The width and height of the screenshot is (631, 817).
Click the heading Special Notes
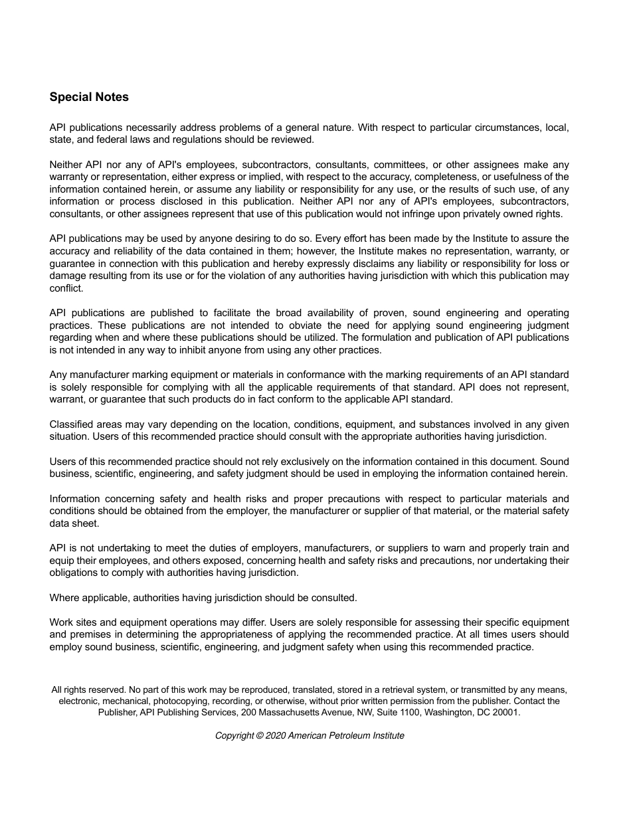[x=89, y=97]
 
